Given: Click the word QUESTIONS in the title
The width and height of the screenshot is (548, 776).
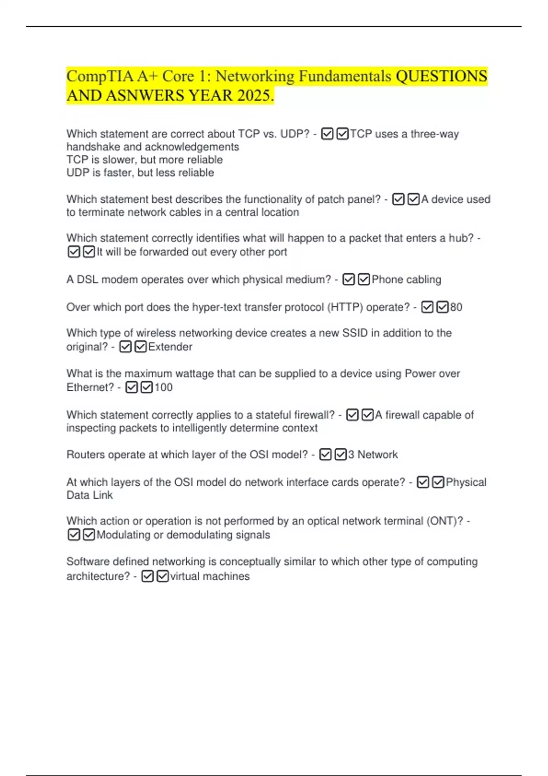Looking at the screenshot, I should pos(441,76).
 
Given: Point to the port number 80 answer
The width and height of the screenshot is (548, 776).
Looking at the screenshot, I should pos(456,307).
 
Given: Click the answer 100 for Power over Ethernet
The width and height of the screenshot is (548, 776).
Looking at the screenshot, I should pos(163,388).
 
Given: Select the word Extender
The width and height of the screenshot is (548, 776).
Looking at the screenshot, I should pos(170,347).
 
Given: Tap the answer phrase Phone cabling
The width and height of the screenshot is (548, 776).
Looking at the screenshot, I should pos(406,279).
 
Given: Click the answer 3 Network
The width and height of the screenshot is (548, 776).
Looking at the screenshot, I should pos(373,455).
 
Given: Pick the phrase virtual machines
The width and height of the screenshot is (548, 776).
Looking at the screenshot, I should pos(210,576).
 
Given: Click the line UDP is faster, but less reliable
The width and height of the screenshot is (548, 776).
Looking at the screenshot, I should pos(140,173).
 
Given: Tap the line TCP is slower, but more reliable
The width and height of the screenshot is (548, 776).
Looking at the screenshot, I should pos(145,160).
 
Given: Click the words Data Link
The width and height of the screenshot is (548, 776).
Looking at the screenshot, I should pos(90,495).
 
